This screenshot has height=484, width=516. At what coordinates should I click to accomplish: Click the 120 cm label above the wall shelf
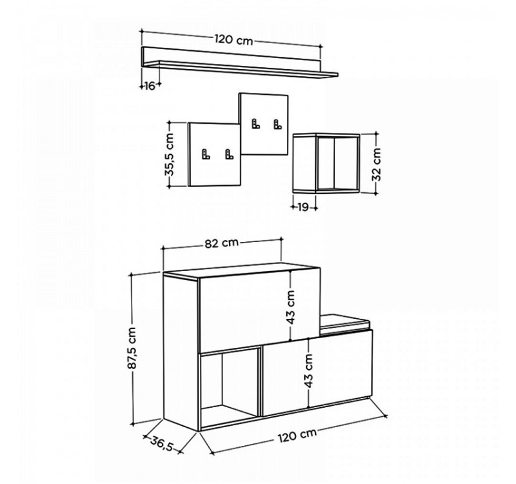[234, 39]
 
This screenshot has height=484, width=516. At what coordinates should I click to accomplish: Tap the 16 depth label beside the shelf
[148, 86]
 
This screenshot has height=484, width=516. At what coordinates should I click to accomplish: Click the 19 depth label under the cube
[303, 207]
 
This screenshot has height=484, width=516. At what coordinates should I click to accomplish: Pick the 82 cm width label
[222, 243]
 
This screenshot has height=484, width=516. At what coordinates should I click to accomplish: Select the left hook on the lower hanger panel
[206, 154]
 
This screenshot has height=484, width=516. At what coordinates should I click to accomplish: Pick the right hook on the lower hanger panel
[228, 154]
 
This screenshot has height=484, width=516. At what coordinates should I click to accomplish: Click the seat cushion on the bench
[346, 320]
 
